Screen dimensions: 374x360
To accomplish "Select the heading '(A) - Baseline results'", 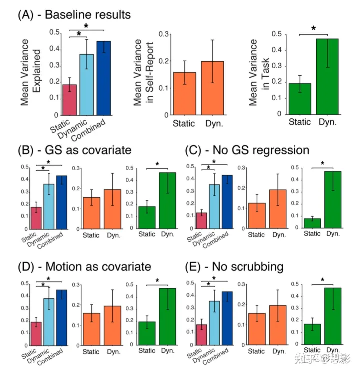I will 74,14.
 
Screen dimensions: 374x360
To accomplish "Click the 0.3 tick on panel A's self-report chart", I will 161,34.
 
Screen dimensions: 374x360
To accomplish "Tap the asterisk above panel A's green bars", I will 313,29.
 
